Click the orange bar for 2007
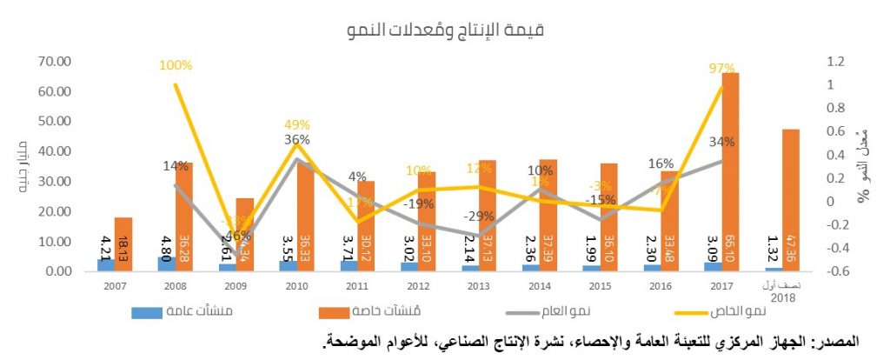pyautogui.click(x=123, y=244)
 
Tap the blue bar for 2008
pyautogui.click(x=165, y=263)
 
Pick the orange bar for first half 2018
pyautogui.click(x=791, y=200)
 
